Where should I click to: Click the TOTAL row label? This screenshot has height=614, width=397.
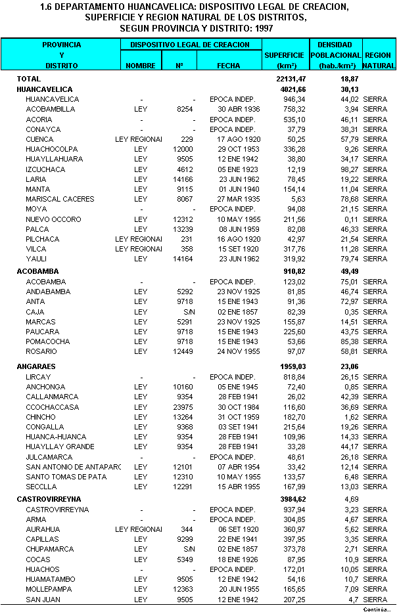pos(29,79)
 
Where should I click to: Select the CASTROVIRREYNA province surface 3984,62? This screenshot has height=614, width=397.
pos(293,500)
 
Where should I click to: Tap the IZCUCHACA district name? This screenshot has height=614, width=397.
pos(45,169)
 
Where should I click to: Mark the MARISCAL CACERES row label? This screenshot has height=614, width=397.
pos(60,199)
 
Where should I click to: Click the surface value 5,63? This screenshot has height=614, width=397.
pos(297,199)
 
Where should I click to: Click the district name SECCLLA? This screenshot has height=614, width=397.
pos(41,487)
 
